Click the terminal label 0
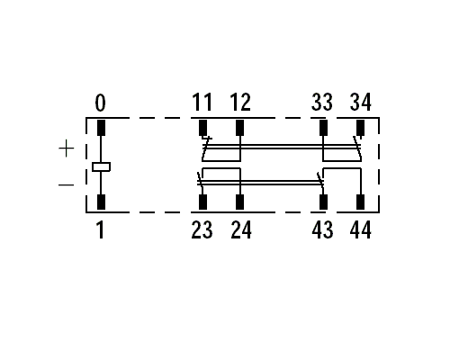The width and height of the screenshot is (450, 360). click(x=101, y=103)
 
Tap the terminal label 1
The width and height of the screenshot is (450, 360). click(x=101, y=229)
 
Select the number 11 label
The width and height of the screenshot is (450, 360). click(x=202, y=102)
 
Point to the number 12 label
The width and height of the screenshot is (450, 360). click(x=240, y=102)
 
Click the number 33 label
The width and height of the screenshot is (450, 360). click(x=322, y=102)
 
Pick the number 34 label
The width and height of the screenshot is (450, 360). click(x=361, y=102)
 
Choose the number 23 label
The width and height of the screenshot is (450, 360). click(x=202, y=229)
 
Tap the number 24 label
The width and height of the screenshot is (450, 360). click(x=241, y=229)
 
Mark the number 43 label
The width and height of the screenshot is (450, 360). click(x=322, y=229)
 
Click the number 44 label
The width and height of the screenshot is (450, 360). click(x=361, y=229)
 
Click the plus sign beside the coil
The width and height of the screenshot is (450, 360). click(x=67, y=148)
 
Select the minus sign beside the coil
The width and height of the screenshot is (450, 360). click(x=66, y=184)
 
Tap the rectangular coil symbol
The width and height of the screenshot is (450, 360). click(x=101, y=166)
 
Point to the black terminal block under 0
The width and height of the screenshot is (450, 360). click(x=102, y=128)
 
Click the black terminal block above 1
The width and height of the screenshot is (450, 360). click(x=102, y=202)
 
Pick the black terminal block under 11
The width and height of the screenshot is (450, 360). click(x=203, y=128)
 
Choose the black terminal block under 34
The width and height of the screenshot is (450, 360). click(x=360, y=128)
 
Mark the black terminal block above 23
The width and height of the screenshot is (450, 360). click(x=203, y=202)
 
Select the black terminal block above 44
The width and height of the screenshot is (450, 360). click(x=360, y=202)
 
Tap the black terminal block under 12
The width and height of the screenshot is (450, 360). click(x=239, y=128)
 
